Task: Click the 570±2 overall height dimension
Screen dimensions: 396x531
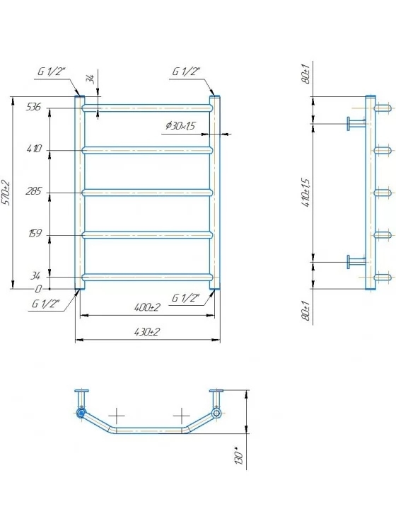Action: click(x=6, y=193)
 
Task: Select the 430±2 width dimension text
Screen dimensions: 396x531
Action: click(x=146, y=332)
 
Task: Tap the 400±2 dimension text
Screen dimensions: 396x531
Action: click(x=147, y=307)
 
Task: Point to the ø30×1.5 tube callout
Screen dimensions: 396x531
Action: click(x=180, y=126)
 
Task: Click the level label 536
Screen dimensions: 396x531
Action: click(x=33, y=107)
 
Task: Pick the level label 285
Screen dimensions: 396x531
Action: click(x=33, y=191)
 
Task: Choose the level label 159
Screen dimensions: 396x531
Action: click(x=35, y=234)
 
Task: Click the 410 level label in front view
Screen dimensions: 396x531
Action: click(x=34, y=149)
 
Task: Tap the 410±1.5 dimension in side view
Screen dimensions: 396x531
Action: click(x=306, y=193)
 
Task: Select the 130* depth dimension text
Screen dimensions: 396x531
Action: click(x=239, y=457)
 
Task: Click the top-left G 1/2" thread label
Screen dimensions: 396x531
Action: click(x=52, y=72)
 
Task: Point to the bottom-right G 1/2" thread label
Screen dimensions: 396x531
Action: click(x=186, y=298)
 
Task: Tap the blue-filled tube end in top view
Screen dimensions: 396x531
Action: click(x=81, y=413)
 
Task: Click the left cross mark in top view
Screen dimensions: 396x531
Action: click(x=117, y=416)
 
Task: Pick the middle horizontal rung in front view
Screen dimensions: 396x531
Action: click(x=148, y=193)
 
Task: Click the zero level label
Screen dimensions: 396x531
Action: click(x=38, y=289)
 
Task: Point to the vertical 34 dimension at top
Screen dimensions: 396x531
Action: click(x=91, y=79)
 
